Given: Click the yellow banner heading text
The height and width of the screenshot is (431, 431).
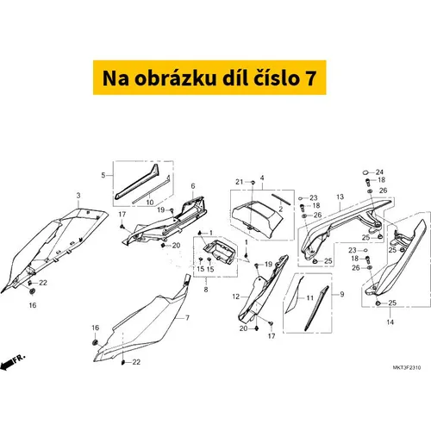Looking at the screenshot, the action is tap(209, 78).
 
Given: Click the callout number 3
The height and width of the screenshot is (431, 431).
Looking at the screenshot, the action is tap(78, 196).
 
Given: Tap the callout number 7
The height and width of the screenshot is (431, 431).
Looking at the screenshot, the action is tap(187, 318).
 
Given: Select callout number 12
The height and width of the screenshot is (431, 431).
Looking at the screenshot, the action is tap(236, 297).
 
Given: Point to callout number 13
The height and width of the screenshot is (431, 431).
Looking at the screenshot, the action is tap(340, 197).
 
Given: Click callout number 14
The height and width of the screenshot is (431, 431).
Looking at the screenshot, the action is tap(390, 322).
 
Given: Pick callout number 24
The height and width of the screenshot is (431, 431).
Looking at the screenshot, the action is tap(379, 172).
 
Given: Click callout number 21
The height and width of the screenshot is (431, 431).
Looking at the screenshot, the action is tap(240, 182).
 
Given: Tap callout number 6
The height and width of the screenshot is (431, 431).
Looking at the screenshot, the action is tap(193, 186).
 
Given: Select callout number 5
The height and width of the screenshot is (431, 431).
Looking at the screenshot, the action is tap(103, 175).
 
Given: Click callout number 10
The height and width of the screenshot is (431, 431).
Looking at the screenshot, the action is tap(150, 203).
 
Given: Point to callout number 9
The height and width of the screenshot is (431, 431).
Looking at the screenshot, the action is tap(342, 294).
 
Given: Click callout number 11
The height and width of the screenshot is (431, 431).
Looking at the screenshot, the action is tap(309, 297).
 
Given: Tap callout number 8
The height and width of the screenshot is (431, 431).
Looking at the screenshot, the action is tap(206, 290).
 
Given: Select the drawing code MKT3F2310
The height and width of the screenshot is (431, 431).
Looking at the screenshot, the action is tap(407, 367).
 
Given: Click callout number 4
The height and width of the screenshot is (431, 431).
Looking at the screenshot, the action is tap(262, 178).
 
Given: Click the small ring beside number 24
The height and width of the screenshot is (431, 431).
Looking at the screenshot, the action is tap(365, 172).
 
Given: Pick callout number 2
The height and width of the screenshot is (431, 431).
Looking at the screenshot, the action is tap(281, 209).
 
